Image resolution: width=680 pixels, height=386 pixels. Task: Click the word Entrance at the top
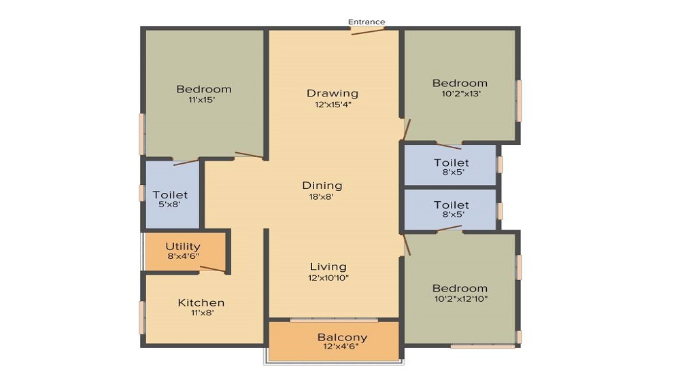click(367, 22)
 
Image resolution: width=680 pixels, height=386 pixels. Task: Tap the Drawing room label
click(332, 93)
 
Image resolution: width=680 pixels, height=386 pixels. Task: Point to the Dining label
click(322, 185)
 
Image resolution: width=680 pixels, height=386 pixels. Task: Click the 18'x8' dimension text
click(322, 197)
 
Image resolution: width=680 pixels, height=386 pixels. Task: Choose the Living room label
click(328, 266)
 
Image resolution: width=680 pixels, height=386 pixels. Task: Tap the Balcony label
click(342, 337)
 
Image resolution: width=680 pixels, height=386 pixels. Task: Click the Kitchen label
click(201, 302)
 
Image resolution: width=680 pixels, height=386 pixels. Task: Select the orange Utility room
click(184, 251)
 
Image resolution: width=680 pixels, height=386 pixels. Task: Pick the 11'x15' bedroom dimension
click(203, 100)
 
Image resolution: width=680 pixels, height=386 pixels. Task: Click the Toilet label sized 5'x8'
click(170, 195)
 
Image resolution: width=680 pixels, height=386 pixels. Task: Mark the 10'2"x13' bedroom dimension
click(460, 94)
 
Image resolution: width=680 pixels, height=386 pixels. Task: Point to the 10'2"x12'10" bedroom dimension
click(460, 299)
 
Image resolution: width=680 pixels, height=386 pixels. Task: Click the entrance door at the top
click(368, 31)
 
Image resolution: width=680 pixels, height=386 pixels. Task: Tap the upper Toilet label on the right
click(452, 162)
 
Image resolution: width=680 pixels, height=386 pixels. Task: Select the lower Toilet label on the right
click(452, 205)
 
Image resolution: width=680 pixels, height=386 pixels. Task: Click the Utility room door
click(212, 270)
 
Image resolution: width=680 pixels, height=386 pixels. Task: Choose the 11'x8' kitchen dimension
click(201, 313)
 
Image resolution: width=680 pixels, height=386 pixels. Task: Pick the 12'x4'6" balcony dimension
click(342, 348)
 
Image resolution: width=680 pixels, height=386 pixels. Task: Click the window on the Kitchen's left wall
click(142, 317)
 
